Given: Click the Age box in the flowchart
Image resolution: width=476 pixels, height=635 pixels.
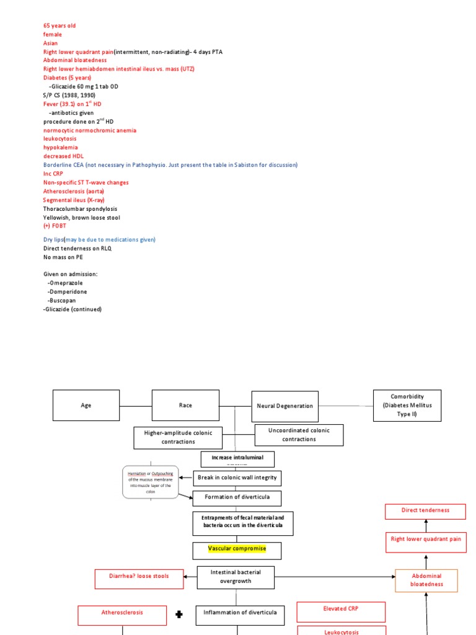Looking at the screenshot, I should tap(86, 406).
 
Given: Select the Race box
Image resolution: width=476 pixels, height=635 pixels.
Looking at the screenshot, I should tap(185, 406).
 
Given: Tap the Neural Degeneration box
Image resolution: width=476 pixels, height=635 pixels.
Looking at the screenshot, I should tap(284, 406).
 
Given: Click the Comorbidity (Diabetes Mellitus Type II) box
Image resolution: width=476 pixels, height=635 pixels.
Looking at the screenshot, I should tap(407, 405).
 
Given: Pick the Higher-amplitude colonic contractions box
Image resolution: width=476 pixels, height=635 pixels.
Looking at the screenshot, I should tap(178, 438).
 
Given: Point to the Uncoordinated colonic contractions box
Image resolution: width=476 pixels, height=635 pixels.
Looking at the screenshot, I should tap(299, 435).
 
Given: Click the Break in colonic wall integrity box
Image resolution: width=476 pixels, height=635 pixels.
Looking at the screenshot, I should tap(237, 478).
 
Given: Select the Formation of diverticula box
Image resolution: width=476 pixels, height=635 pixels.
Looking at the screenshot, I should tap(237, 499).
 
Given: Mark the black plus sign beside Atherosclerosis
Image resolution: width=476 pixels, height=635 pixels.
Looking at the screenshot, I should tap(180, 615).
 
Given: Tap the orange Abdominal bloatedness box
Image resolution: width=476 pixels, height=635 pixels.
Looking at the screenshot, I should tap(426, 580).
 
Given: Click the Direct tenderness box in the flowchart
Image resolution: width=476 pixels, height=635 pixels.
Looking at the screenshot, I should tap(425, 511).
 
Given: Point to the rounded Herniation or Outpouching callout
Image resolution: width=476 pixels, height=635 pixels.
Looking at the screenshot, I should tap(149, 481).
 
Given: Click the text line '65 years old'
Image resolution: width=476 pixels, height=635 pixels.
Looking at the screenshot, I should tap(59, 26).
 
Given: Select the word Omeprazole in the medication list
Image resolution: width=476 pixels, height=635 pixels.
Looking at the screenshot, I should tap(66, 283).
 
